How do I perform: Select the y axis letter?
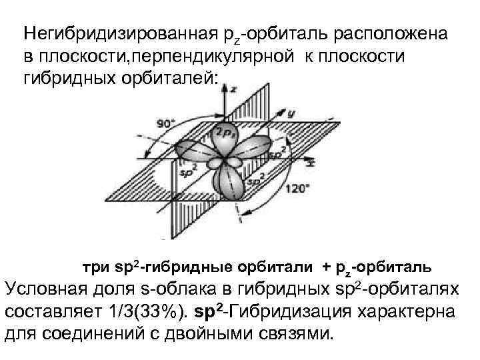[x=291, y=113]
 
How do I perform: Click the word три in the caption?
[x=96, y=267]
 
